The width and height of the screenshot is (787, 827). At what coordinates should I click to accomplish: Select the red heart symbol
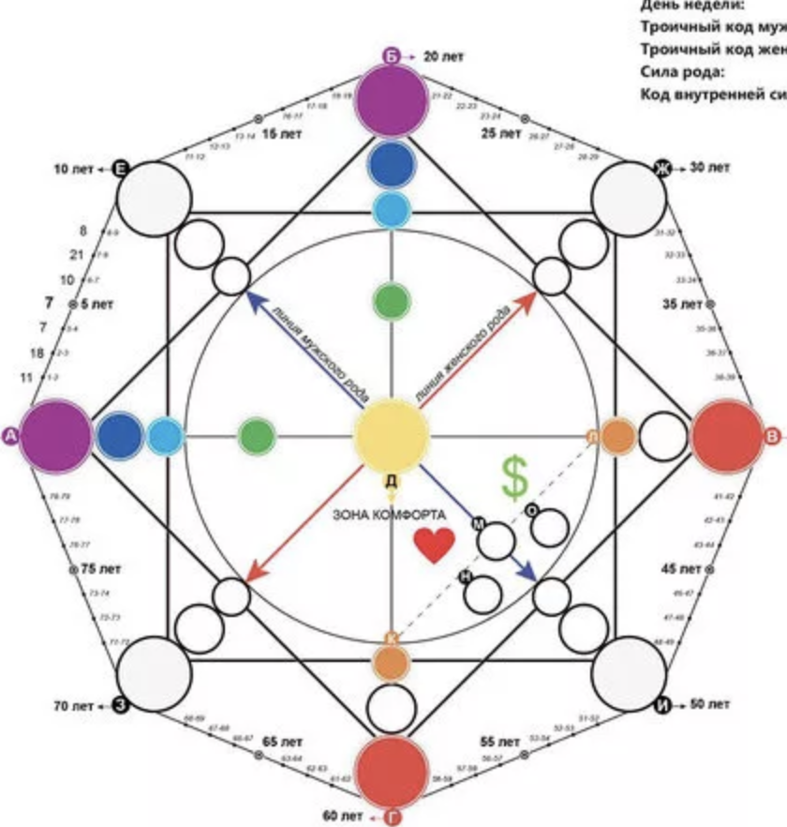click(434, 546)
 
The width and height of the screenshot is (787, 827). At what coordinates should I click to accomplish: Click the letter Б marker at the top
click(392, 56)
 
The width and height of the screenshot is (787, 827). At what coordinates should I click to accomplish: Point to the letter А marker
click(11, 435)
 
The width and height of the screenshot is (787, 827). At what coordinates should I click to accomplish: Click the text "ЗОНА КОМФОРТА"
click(392, 515)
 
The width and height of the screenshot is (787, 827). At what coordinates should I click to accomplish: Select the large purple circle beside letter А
click(55, 435)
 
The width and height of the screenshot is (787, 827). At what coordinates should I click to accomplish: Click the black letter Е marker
click(120, 169)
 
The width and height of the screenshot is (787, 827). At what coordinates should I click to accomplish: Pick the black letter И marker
click(663, 703)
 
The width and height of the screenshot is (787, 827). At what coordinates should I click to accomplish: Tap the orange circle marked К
click(389, 660)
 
